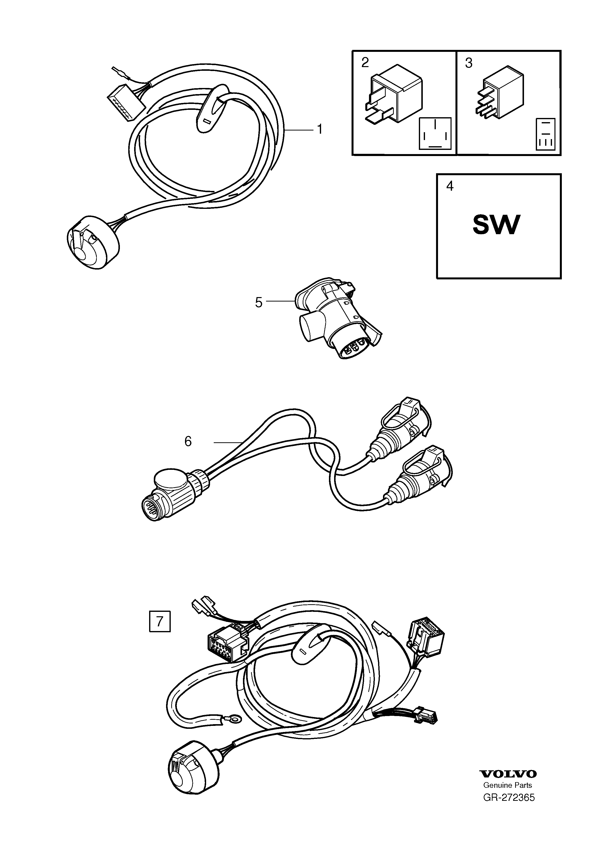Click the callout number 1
coord(319,129)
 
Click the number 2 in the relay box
coord(365,62)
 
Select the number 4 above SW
coord(450,186)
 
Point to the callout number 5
coord(258,302)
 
